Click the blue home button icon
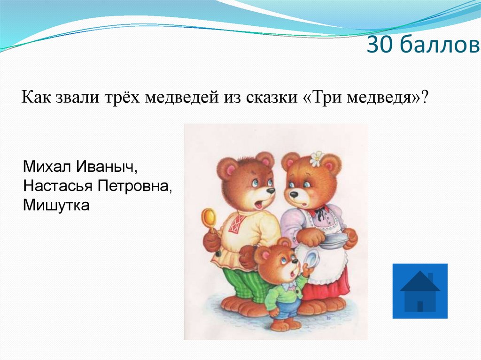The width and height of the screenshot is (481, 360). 420,291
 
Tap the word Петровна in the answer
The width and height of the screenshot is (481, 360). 134,186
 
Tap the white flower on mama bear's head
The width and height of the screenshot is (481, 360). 317,159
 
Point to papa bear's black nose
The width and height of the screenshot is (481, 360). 271,191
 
